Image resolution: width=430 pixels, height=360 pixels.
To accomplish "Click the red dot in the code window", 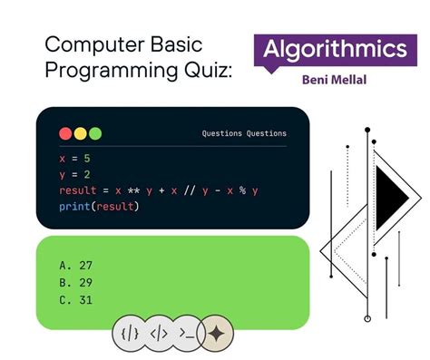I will pos(65,133).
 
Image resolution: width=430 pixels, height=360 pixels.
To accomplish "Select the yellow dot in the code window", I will pos(80,133).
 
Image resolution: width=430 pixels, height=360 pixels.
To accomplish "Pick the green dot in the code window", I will pos(95,133).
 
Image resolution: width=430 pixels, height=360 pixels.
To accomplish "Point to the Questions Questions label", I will pos(244,134).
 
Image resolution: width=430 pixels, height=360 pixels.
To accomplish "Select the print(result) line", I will pos(100,207).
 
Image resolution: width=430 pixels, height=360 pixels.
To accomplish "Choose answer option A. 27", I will pos(77,266).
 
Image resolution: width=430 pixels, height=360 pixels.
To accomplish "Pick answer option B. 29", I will pos(77,283).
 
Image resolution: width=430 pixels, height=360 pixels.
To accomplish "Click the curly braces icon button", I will pos(130,333).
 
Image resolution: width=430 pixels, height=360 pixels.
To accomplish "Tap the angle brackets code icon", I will pos(158,333).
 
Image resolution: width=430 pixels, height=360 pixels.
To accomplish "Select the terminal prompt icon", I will pos(187,333).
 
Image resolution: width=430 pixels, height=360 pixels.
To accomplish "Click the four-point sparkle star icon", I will pos(216,333).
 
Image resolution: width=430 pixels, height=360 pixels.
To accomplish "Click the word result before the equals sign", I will pos(77,190).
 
